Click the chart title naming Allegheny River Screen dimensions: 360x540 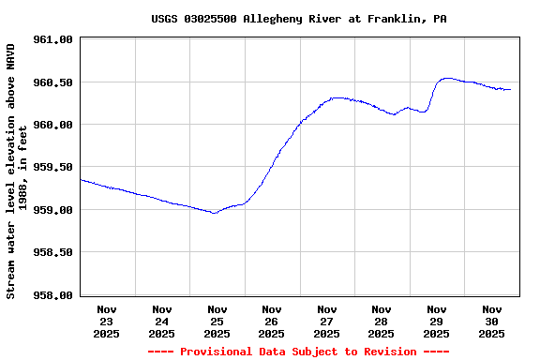[x=299, y=19]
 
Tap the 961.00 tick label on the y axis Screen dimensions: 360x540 [x=52, y=39]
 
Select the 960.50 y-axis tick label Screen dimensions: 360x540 [x=52, y=82]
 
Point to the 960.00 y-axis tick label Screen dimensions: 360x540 [x=52, y=125]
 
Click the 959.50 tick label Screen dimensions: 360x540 [x=52, y=167]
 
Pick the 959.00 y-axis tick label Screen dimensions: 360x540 [x=52, y=210]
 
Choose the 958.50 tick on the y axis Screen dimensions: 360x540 [x=52, y=252]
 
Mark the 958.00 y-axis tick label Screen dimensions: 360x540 [x=52, y=295]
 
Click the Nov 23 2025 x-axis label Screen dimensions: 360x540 [x=107, y=321]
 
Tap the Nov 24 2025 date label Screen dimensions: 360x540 [x=162, y=321]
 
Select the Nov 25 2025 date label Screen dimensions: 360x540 [x=217, y=321]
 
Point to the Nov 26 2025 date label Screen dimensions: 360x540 [x=272, y=321]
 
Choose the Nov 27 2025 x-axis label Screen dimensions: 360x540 [x=326, y=321]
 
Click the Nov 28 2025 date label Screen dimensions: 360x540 [x=382, y=321]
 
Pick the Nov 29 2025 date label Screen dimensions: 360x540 [x=436, y=321]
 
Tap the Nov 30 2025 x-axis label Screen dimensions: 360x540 [x=491, y=321]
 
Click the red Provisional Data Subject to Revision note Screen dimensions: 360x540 [x=299, y=352]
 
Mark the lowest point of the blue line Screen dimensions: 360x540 [x=215, y=213]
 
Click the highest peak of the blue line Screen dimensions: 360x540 [x=447, y=79]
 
